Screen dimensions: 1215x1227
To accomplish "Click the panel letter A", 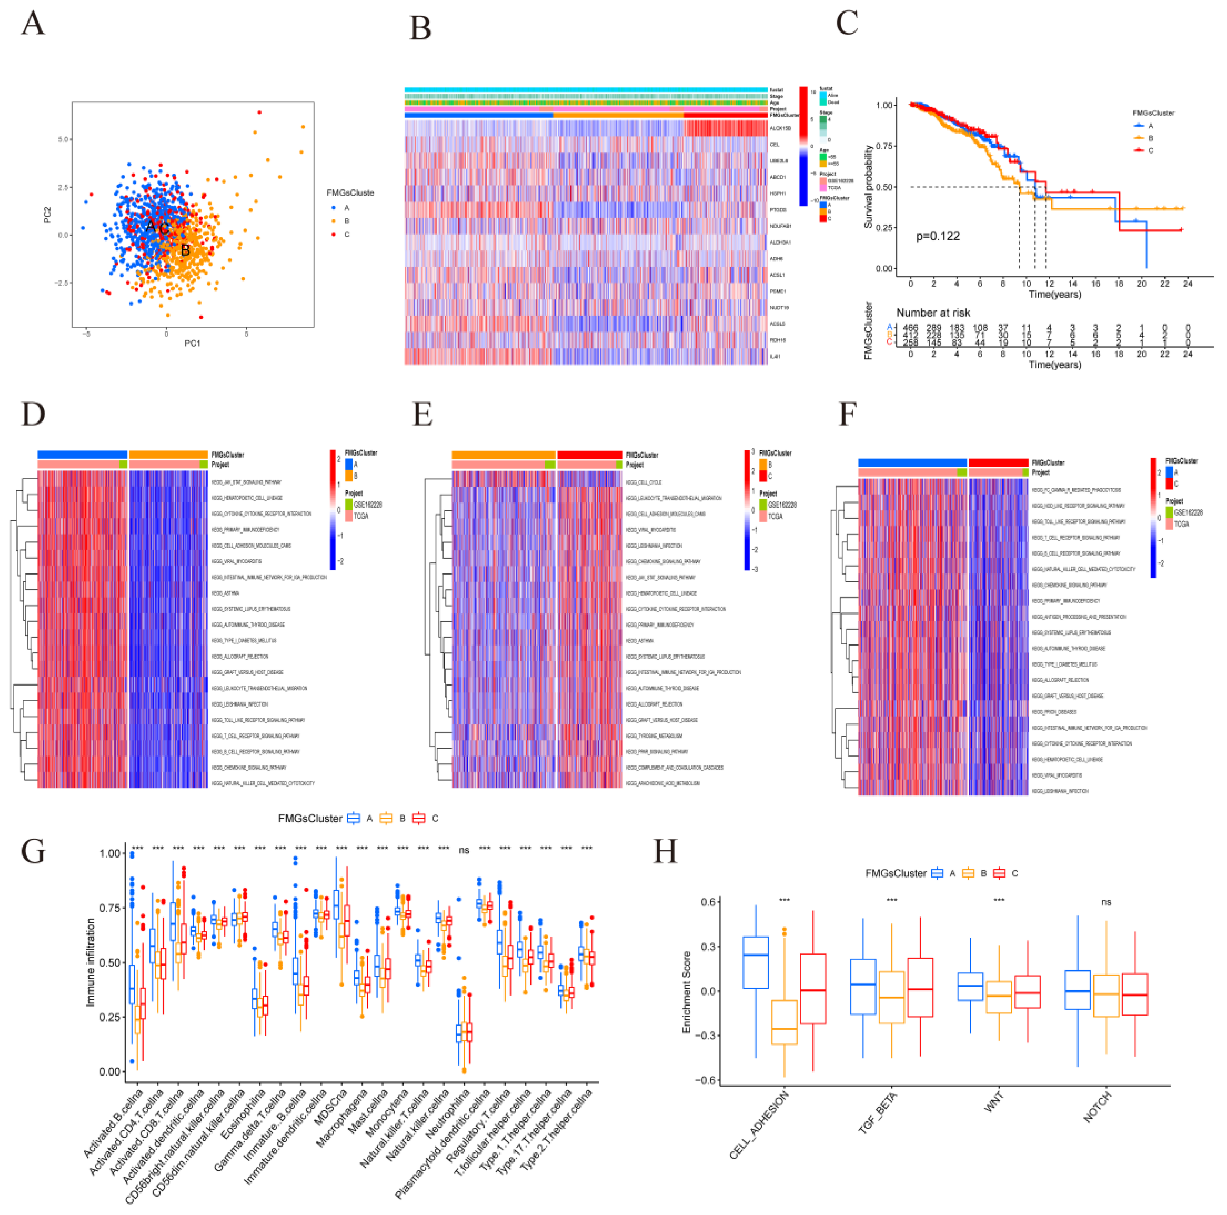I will (33, 24).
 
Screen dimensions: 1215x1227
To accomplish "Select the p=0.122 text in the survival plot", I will (937, 236).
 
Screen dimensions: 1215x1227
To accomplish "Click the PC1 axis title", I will (192, 343).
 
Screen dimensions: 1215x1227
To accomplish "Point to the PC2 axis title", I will (48, 215).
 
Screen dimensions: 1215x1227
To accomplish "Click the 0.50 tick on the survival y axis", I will (885, 187).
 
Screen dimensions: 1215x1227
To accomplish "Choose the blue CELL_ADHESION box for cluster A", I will (756, 962).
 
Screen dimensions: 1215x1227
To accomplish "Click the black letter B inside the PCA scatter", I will (185, 250).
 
